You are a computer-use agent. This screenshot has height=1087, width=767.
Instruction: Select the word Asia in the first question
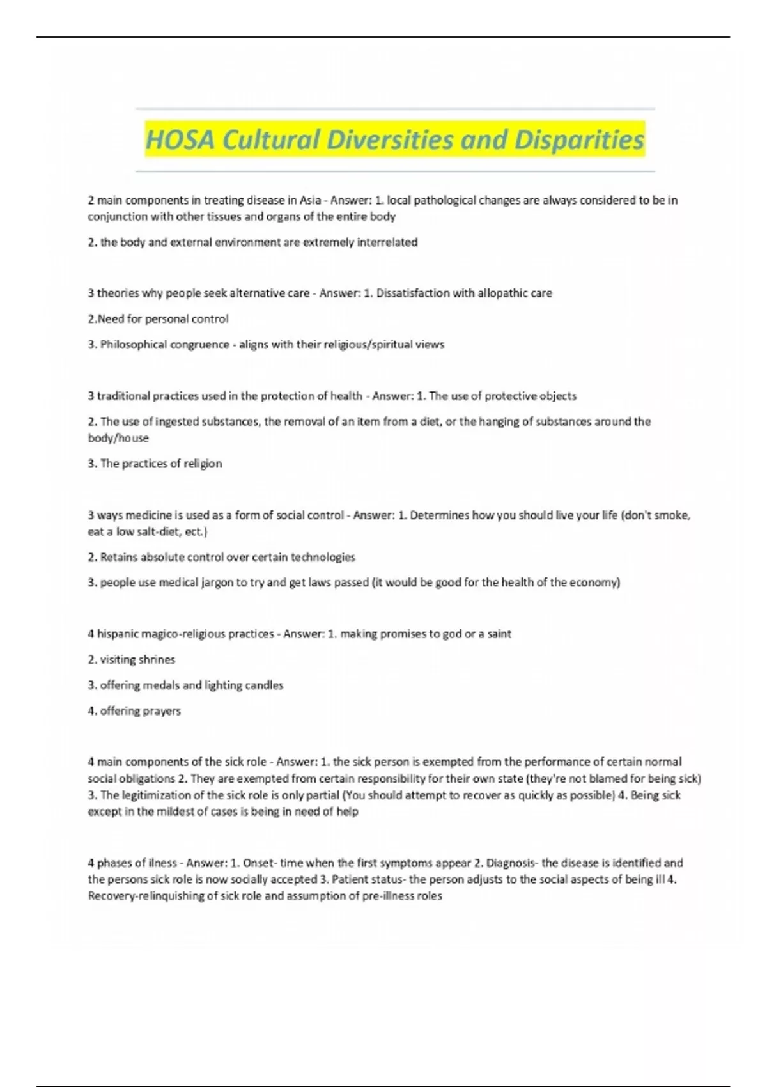(x=310, y=200)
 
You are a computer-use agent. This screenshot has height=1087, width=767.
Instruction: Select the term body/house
(x=118, y=439)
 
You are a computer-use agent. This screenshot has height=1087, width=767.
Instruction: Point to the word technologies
(x=323, y=558)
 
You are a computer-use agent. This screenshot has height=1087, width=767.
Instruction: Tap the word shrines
(x=157, y=660)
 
